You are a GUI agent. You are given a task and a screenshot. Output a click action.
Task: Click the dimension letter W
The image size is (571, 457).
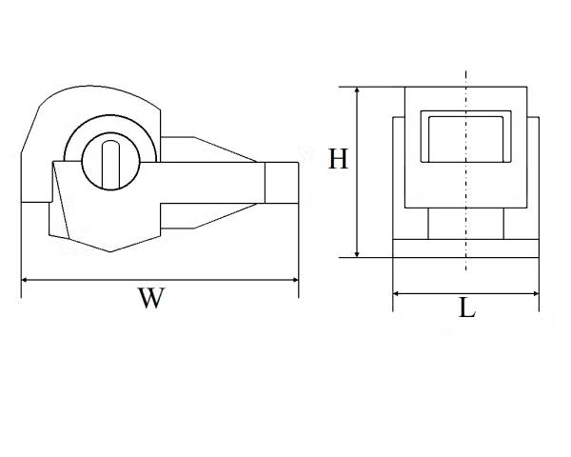(151, 298)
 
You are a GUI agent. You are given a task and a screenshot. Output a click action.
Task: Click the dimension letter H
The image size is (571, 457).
(338, 159)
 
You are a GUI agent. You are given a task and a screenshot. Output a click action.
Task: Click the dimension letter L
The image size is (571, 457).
(467, 308)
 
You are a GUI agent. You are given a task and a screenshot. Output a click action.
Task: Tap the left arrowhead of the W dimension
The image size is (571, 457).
(25, 280)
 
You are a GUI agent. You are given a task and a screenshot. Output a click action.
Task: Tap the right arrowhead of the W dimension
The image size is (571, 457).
(295, 280)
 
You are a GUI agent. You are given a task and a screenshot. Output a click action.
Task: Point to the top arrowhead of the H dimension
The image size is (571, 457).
(357, 90)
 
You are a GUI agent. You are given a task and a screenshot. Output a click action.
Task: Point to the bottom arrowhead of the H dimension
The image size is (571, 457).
(357, 253)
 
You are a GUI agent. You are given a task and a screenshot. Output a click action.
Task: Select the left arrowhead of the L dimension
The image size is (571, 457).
(397, 294)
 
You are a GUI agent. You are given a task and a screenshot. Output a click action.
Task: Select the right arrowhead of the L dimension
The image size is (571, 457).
(535, 294)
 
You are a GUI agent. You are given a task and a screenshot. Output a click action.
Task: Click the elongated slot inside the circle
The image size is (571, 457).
(110, 165)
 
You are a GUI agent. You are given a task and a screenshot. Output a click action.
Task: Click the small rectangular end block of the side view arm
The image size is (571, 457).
(282, 183)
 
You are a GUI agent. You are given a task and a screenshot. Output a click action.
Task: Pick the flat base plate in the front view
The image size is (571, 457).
(465, 248)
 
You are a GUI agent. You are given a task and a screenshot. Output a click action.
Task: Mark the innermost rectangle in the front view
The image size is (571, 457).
(465, 139)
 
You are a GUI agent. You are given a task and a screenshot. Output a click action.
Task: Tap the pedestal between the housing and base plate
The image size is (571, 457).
(465, 224)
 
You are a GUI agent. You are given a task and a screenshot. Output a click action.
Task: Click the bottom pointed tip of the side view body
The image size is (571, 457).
(110, 251)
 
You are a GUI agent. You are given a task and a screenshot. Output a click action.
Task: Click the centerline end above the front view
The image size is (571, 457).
(466, 70)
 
